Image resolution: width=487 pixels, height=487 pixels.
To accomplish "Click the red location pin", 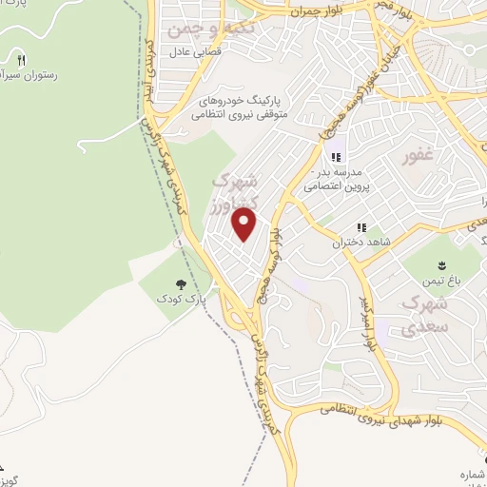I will pos(245,224).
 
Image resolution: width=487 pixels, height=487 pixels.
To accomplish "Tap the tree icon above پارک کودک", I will pos(181,283).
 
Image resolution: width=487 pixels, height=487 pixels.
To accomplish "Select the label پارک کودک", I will pos(181,300).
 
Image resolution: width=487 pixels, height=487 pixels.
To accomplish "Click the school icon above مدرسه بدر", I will pos(334,157).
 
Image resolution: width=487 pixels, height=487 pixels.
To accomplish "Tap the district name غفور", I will pos(422,155).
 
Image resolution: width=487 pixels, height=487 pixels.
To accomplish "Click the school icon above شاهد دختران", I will pos(360,227).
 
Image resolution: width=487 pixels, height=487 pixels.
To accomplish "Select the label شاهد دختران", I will pos(349,243).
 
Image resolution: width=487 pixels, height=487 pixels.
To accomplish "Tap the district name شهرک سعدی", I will pos(425,316).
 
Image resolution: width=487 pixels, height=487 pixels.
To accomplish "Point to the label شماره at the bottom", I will pos(471,474).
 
